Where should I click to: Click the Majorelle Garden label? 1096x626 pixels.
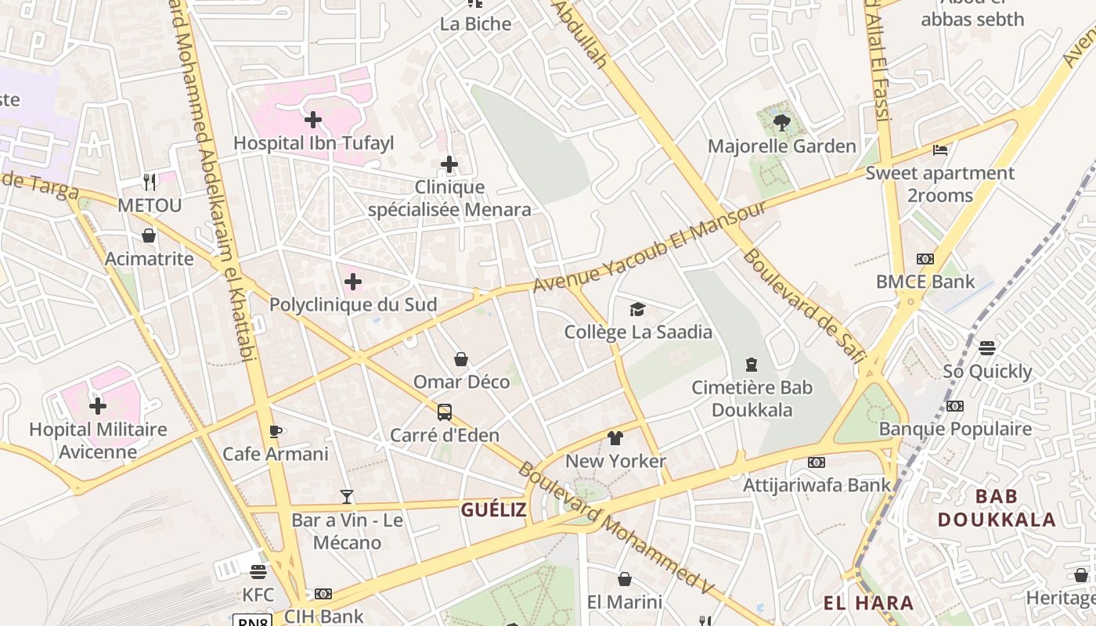(x=781, y=146)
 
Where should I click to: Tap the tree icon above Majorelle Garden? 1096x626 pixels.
(x=781, y=122)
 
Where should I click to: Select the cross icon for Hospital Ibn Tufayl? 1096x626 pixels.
(x=313, y=120)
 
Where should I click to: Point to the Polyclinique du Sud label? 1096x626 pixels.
(x=353, y=304)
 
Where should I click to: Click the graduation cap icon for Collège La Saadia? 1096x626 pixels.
(x=637, y=310)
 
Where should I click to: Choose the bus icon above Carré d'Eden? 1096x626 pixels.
(x=444, y=412)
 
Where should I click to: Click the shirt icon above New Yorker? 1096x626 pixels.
(x=615, y=438)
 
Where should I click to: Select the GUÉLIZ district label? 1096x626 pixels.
(x=493, y=510)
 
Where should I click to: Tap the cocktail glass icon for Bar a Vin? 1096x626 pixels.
(x=347, y=497)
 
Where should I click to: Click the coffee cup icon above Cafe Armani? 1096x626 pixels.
(x=275, y=431)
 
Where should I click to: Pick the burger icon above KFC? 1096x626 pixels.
(x=258, y=572)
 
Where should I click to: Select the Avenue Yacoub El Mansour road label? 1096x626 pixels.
(x=650, y=247)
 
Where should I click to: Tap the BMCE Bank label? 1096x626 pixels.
(x=925, y=282)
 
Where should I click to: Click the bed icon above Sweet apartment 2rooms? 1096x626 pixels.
(x=940, y=149)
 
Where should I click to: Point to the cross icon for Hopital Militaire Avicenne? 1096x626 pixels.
(x=98, y=406)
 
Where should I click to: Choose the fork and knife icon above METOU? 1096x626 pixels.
(x=150, y=182)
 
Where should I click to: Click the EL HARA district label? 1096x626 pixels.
(x=868, y=603)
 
